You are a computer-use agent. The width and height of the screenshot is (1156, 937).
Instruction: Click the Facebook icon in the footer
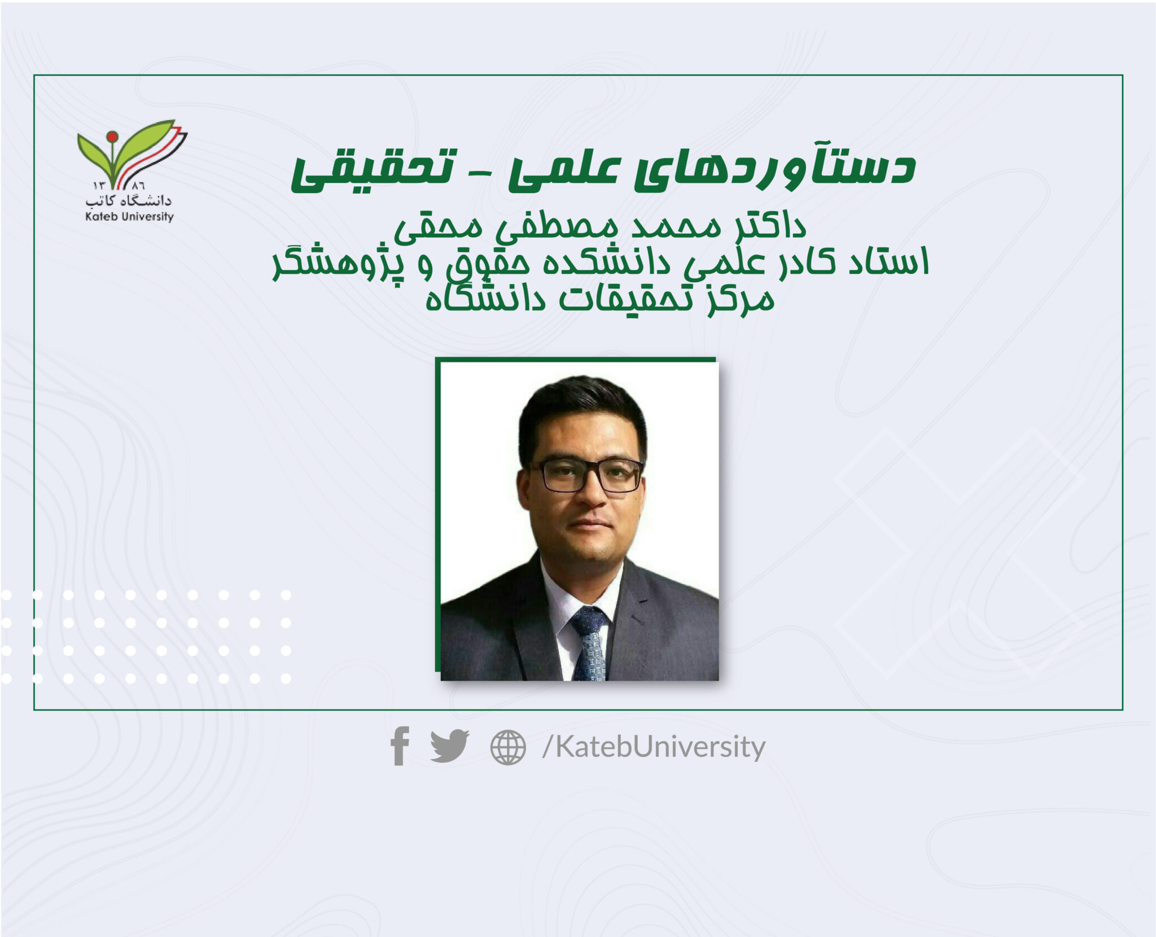pos(400,746)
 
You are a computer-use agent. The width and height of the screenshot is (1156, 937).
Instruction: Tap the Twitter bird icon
pos(450,746)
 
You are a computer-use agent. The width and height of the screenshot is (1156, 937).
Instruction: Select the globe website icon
pos(508,747)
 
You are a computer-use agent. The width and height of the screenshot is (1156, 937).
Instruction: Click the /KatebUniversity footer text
pos(654,747)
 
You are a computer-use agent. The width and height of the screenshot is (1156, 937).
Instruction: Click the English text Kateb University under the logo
pos(129,216)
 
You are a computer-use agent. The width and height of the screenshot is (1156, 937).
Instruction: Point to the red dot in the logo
pos(112,136)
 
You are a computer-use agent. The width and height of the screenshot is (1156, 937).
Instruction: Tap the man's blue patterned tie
pos(589,643)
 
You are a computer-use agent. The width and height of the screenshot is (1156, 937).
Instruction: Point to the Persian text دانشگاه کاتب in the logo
pos(129,200)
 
